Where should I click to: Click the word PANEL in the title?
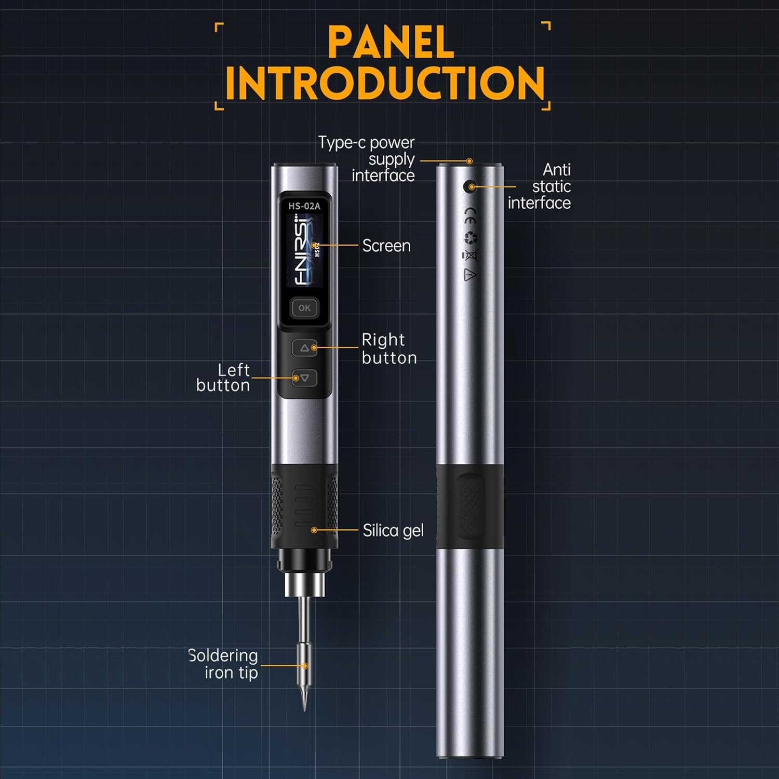point(391,43)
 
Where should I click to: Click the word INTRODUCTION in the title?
point(385,84)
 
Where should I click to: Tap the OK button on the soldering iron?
point(304,308)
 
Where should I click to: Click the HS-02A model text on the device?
point(304,206)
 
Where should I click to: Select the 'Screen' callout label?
point(386,246)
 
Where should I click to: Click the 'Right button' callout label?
point(389,348)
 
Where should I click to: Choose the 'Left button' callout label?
point(223,378)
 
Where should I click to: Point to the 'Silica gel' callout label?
point(393,530)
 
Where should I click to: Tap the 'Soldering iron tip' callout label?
point(223,664)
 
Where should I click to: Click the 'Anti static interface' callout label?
point(540,186)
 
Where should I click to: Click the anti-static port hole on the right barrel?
point(470,186)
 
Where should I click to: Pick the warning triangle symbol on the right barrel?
point(469,275)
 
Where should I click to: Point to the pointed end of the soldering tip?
point(304,710)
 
